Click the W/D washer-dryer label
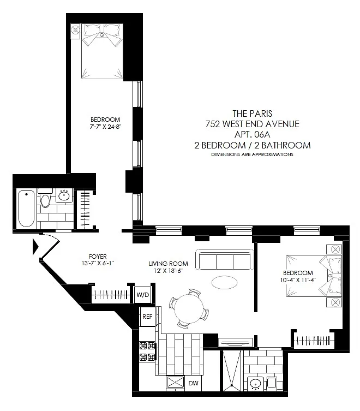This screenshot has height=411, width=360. pyautogui.click(x=143, y=295)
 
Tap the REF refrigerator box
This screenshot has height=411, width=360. pyautogui.click(x=147, y=317)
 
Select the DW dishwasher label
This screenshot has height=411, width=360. pyautogui.click(x=193, y=383)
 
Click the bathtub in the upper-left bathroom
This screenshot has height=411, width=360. pyautogui.click(x=26, y=209)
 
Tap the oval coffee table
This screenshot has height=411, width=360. pyautogui.click(x=224, y=282)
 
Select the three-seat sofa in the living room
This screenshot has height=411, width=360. pyautogui.click(x=225, y=259)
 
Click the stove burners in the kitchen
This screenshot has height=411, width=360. pyautogui.click(x=147, y=352)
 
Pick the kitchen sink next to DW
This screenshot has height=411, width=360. pyautogui.click(x=175, y=383)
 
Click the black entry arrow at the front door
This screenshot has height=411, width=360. pyautogui.click(x=35, y=247)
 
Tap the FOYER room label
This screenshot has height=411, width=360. pyautogui.click(x=98, y=257)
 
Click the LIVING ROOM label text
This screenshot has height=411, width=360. pyautogui.click(x=168, y=264)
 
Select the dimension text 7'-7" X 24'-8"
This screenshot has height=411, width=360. pyautogui.click(x=105, y=127)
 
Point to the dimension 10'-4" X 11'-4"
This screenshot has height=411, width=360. pyautogui.click(x=298, y=280)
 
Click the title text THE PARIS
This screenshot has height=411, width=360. pyautogui.click(x=253, y=114)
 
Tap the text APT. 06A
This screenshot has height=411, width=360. pyautogui.click(x=252, y=134)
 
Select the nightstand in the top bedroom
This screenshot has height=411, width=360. pyautogui.click(x=75, y=31)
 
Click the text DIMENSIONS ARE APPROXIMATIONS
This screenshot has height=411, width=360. pyautogui.click(x=252, y=154)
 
